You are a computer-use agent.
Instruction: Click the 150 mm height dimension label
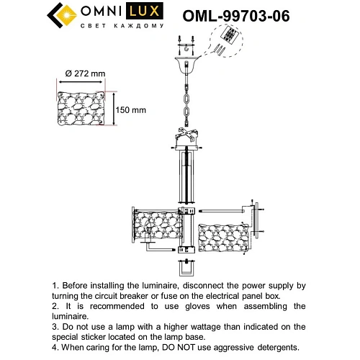[132, 110]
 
